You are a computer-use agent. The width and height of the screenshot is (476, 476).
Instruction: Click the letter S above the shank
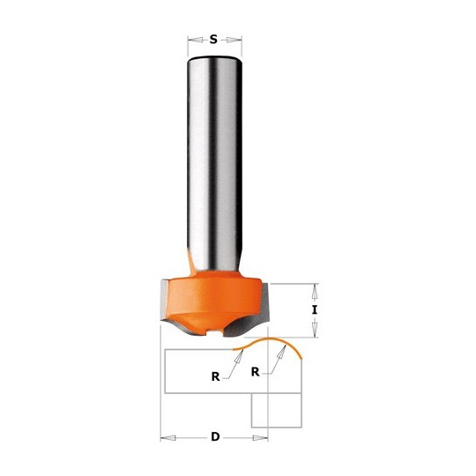click(214, 40)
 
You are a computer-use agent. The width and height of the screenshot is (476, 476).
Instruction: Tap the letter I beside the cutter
click(315, 310)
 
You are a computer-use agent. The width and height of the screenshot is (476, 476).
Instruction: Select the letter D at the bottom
click(215, 437)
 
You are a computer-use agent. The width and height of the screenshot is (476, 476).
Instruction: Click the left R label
click(216, 376)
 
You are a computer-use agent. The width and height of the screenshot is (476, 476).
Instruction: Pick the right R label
click(256, 372)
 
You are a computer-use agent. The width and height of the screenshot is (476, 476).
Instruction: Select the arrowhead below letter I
click(315, 329)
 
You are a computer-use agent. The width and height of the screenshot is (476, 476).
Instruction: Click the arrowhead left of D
click(168, 438)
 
